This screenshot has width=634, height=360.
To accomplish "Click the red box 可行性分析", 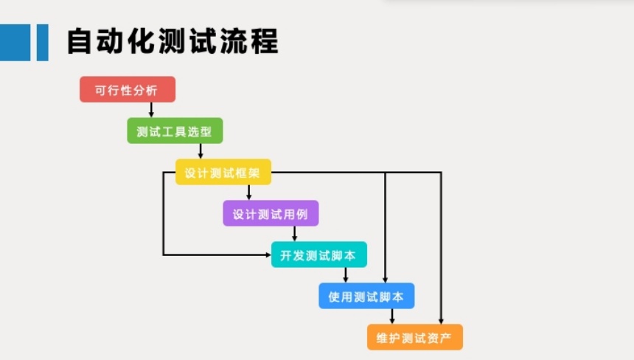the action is (x=128, y=89).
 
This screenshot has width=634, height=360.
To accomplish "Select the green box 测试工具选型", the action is (x=175, y=131).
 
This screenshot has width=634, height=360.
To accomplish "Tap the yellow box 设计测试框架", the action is (x=223, y=172).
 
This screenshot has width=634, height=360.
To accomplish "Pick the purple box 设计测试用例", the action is (x=271, y=213).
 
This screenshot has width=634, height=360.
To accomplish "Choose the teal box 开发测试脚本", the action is (x=319, y=255).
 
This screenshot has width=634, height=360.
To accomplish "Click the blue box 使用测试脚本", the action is (x=366, y=296).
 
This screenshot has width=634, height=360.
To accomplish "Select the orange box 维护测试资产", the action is (x=415, y=337).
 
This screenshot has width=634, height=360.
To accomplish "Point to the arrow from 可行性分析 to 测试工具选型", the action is (x=151, y=110).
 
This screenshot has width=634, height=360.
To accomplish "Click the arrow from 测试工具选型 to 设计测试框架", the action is (x=201, y=151).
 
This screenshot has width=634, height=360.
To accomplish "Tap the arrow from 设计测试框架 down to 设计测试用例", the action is (x=248, y=193).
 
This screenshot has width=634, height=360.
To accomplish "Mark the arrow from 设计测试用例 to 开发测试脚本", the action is (x=294, y=234).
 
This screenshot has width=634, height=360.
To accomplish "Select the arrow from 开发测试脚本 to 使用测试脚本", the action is (x=345, y=275).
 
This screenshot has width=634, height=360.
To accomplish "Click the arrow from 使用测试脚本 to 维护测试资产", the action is (x=391, y=316).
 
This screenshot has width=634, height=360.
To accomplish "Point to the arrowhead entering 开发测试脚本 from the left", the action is (x=268, y=255).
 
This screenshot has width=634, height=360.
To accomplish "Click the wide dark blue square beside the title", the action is (x=15, y=43).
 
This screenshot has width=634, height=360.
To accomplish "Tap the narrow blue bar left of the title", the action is (x=43, y=43).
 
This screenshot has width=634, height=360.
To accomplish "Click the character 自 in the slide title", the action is (x=80, y=41).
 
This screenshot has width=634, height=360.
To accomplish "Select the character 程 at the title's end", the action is (x=265, y=41).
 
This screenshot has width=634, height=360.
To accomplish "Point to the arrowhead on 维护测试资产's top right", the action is (x=441, y=321).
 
